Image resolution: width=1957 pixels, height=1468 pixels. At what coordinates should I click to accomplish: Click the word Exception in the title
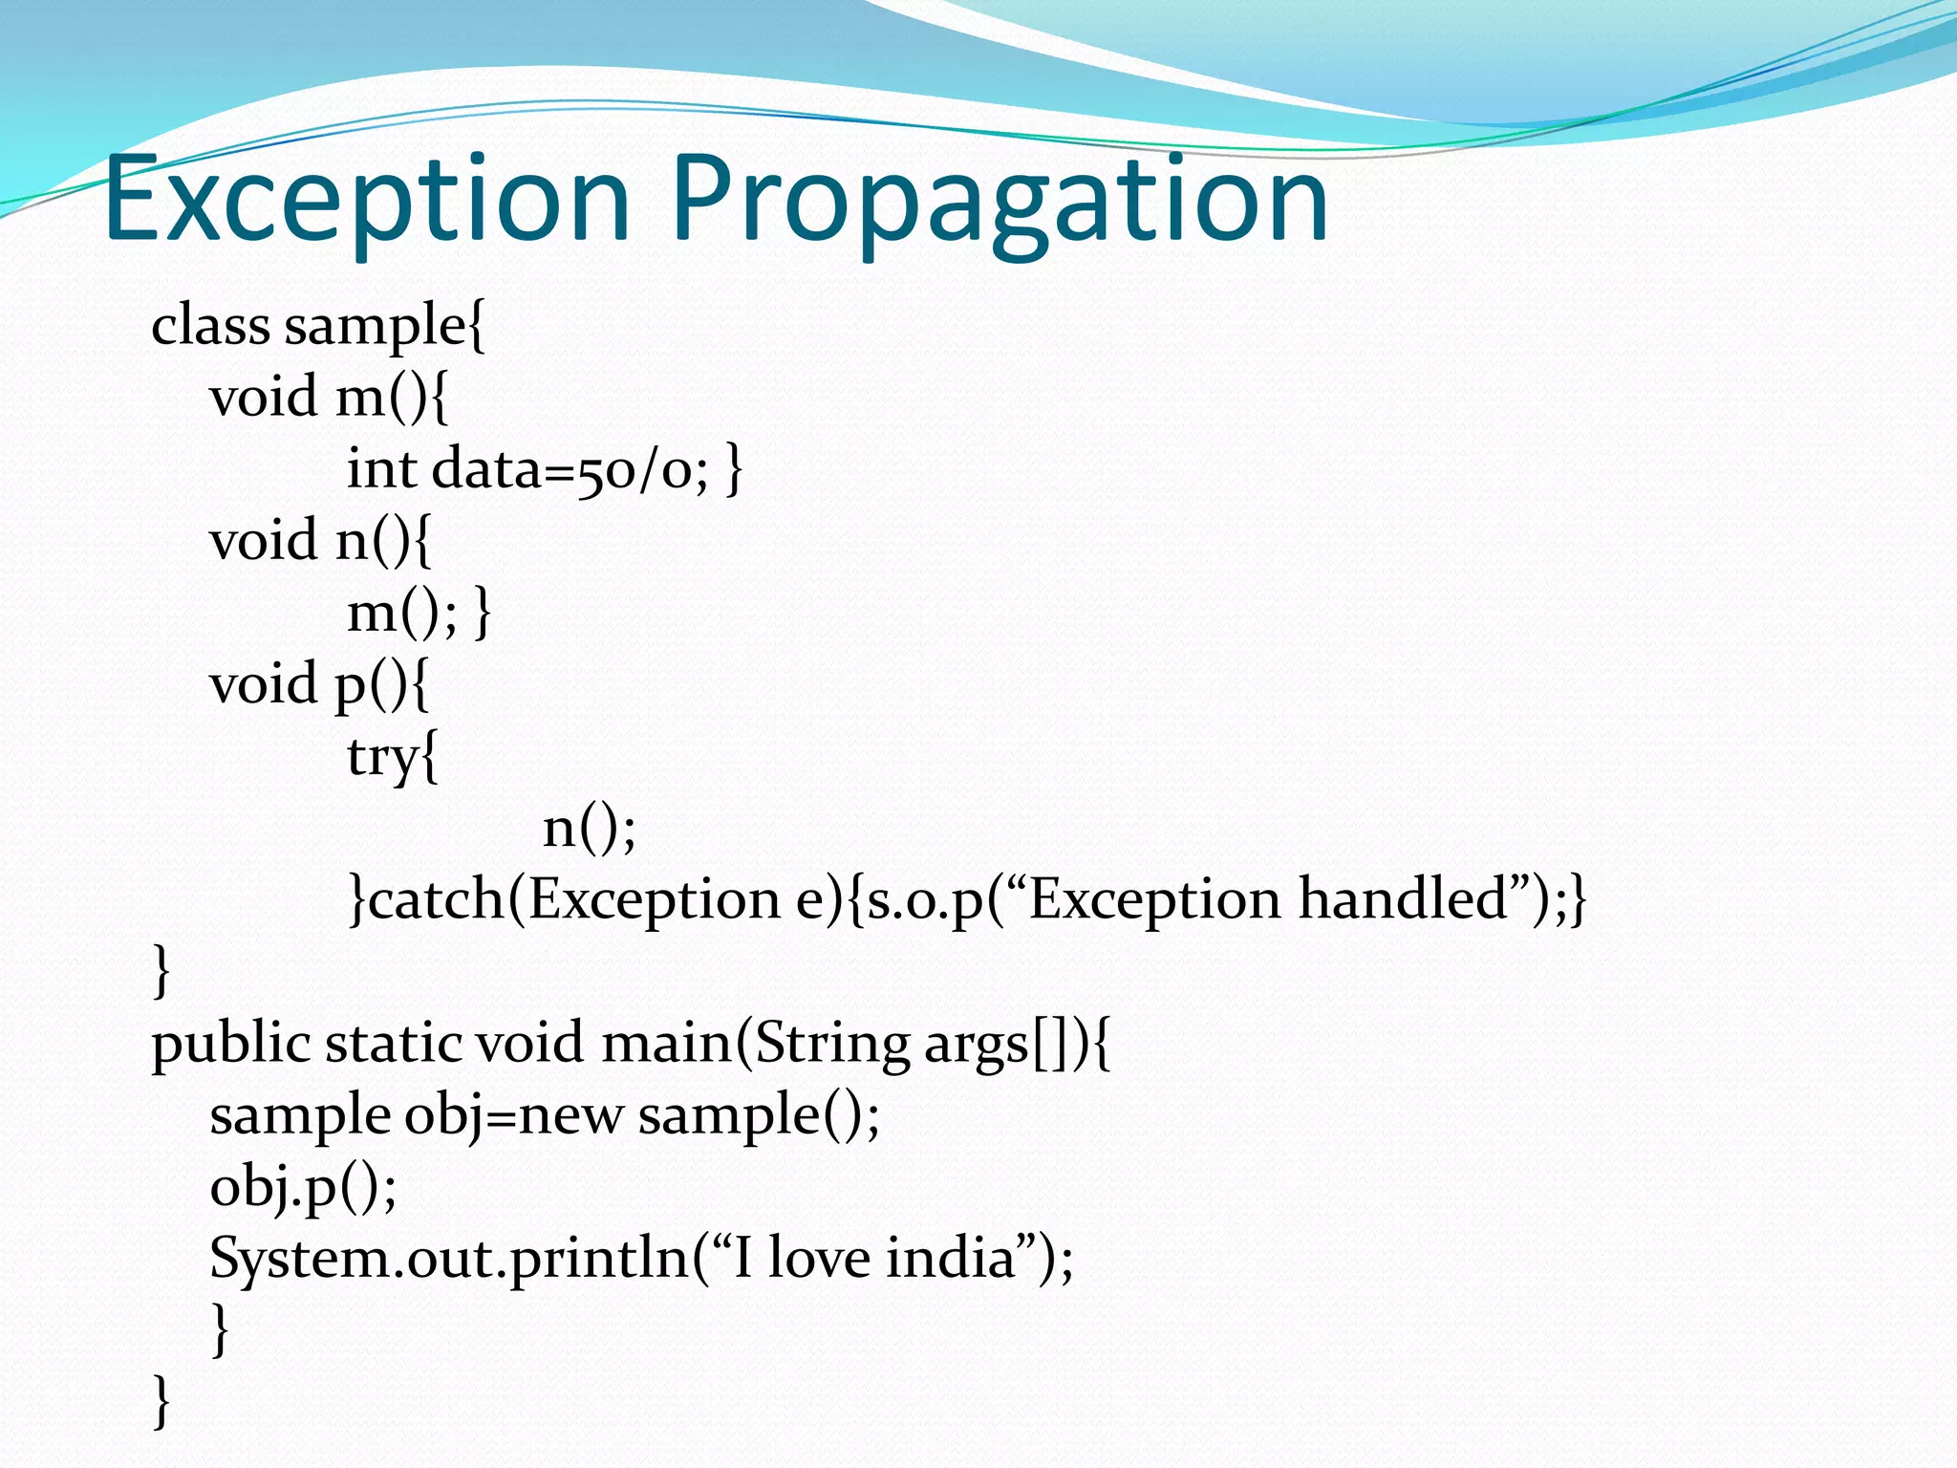coord(368,201)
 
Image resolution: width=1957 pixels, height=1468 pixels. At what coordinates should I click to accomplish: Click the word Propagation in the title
coord(999,203)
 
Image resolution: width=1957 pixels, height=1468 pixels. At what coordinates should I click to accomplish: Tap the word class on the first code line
coord(210,325)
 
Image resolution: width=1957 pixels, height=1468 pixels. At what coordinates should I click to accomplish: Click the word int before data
coord(381,468)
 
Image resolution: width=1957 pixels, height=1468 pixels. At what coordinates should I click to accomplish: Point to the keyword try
coord(382,758)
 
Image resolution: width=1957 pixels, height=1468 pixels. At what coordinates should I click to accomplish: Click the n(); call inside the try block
coord(589,828)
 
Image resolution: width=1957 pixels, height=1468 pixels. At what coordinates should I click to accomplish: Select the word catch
coord(436,900)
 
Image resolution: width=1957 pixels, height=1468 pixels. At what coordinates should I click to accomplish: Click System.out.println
coord(449,1259)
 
